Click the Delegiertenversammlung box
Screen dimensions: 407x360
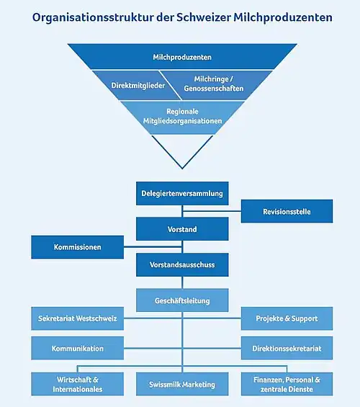182,193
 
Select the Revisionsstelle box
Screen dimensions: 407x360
287,211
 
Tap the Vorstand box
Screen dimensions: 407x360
182,229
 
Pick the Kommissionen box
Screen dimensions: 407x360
77,247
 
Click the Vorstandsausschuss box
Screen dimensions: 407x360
182,265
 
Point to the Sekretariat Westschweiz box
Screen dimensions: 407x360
77,318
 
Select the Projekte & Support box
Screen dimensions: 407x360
287,318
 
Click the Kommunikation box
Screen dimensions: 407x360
77,348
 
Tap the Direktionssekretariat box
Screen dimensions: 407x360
287,348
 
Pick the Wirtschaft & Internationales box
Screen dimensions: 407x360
77,384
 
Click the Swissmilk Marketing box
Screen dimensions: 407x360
182,384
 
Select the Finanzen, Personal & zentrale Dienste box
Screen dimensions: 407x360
287,384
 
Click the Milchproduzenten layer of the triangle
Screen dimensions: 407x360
182,56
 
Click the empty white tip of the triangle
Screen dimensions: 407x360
182,148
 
